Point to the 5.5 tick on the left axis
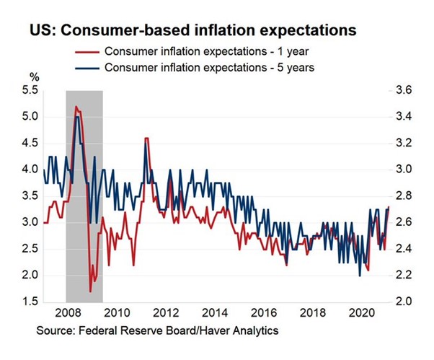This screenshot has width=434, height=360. tap(31, 90)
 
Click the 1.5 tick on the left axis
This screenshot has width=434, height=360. tap(31, 302)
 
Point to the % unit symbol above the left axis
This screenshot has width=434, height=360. tap(34, 76)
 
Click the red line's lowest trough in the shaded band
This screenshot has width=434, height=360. tap(90, 291)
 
